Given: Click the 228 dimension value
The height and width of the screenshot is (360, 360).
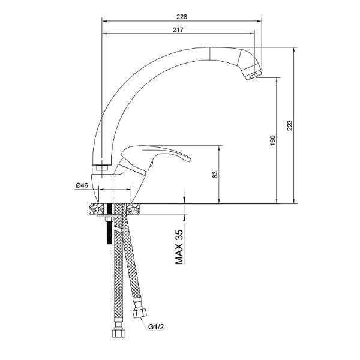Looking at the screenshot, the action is click(182, 17).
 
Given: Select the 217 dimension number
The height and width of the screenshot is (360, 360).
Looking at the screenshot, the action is click(178, 29).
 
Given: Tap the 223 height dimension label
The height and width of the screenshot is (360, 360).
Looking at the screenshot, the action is click(290, 125).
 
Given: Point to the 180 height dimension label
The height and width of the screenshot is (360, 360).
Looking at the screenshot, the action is click(272, 140).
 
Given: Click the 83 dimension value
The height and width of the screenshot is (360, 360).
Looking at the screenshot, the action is click(215, 174).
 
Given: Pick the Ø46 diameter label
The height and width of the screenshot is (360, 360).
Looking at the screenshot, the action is click(82, 185).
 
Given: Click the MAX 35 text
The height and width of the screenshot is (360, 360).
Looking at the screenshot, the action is click(179, 247).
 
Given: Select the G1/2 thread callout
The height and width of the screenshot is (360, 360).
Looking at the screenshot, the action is click(156, 327).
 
